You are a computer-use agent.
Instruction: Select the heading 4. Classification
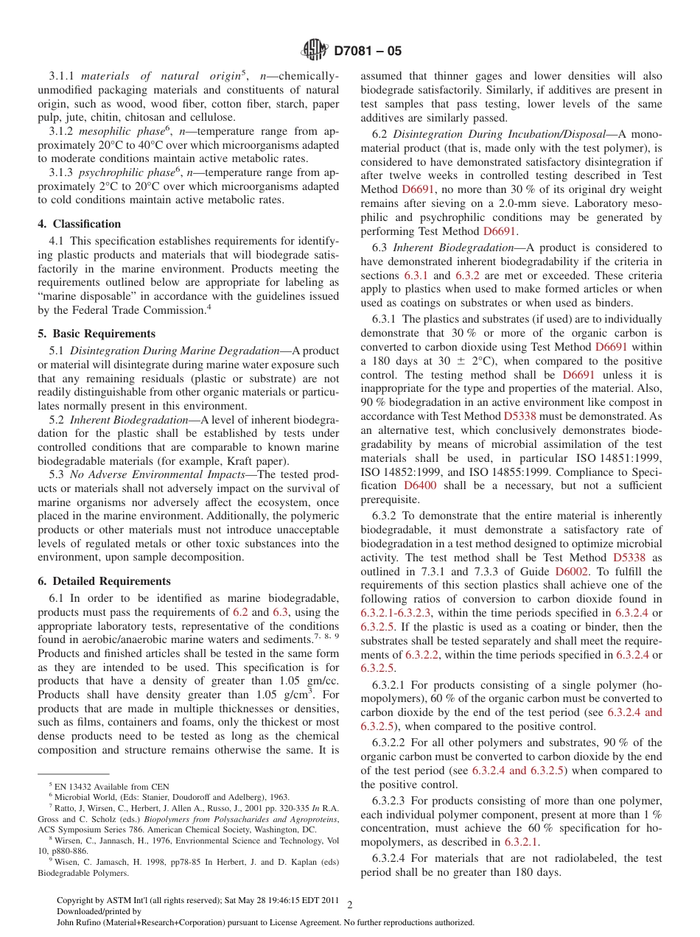tap(80, 224)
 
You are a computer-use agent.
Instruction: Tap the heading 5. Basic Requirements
tap(97, 334)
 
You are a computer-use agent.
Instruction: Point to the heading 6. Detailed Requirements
tap(104, 581)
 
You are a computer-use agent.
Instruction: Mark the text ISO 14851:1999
tap(621, 459)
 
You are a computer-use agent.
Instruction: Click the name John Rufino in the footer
tap(80, 922)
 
